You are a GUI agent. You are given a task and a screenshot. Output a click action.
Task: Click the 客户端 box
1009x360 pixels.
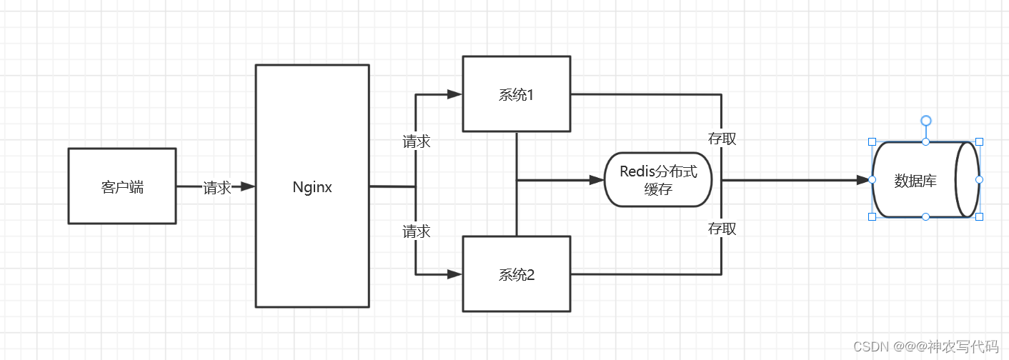(x=121, y=186)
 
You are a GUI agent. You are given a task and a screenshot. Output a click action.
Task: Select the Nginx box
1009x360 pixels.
(x=312, y=186)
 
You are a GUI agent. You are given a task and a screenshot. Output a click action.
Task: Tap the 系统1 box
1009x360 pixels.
(x=516, y=94)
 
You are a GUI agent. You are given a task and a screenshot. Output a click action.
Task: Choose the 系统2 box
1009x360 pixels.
(x=516, y=274)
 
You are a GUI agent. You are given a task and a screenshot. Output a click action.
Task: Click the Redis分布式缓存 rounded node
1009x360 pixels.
(x=657, y=179)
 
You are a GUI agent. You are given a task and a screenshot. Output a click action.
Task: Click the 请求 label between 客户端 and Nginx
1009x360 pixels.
(x=217, y=188)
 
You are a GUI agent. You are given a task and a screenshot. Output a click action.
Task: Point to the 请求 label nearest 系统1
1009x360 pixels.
(x=416, y=141)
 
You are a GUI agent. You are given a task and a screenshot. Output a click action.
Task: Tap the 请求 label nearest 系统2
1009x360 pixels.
(x=416, y=231)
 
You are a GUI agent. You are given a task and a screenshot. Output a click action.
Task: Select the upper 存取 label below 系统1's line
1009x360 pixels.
(x=722, y=139)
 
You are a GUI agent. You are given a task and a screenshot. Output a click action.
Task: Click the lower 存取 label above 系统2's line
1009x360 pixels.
(x=722, y=229)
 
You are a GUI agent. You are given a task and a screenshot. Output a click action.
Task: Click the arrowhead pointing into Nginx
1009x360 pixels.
(x=247, y=186)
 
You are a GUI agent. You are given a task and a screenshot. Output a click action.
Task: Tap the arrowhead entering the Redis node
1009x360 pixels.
(x=597, y=180)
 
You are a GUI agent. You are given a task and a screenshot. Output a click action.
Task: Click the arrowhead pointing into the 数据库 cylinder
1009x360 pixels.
(x=863, y=180)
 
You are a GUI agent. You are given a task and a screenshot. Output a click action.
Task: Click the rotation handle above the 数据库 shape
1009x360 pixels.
(x=925, y=121)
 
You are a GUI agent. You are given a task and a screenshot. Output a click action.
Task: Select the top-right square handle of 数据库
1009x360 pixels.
(x=979, y=141)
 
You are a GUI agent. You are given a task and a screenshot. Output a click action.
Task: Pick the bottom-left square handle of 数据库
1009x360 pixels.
(x=872, y=216)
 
